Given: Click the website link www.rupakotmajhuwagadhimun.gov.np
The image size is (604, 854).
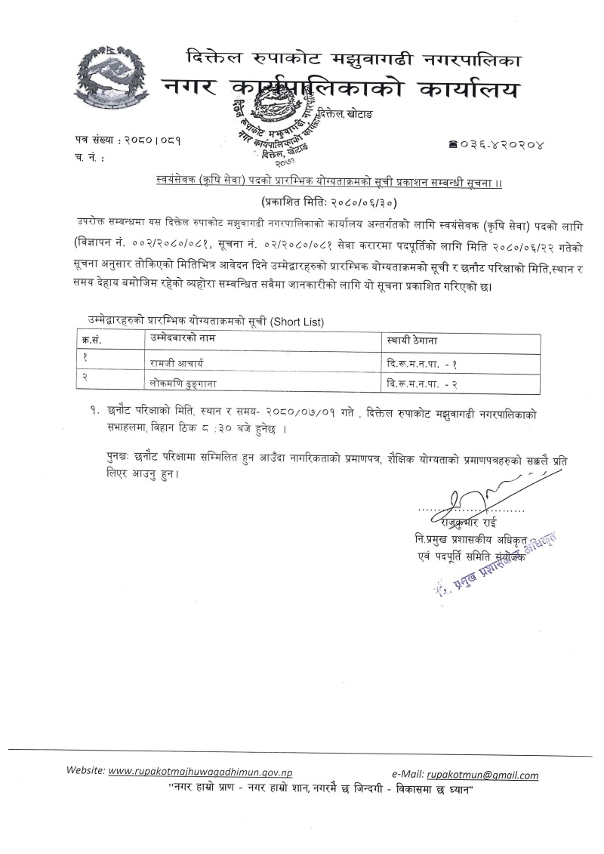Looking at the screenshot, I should pos(201,773).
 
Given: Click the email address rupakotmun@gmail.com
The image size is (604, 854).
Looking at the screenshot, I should pos(482,775).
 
